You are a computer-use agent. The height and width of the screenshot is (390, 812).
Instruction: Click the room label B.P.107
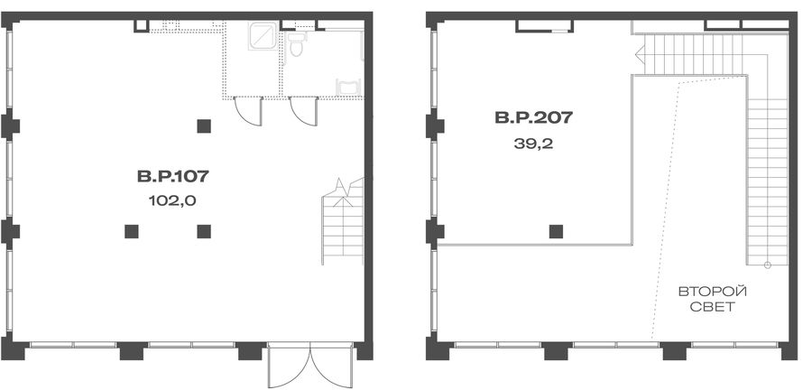coord(173,177)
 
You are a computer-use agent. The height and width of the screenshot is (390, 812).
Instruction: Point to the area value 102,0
coord(172,201)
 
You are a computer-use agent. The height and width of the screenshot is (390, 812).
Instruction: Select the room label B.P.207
coord(534,117)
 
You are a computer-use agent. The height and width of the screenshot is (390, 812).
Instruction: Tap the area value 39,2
coord(533,144)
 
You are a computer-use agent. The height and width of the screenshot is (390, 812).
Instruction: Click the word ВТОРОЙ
coord(713,292)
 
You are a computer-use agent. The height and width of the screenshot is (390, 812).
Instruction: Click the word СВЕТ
coord(713,307)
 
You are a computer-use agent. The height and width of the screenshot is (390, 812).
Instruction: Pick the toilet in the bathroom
coord(296,43)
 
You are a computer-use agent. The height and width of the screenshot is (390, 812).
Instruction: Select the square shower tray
coord(264,36)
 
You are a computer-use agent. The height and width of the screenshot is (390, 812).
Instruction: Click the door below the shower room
coord(248,111)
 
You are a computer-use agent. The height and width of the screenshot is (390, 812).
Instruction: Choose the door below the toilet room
coord(303,111)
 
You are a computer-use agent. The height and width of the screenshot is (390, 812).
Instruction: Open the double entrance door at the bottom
coord(310,365)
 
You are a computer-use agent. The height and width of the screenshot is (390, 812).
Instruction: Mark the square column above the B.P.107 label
coord(204,125)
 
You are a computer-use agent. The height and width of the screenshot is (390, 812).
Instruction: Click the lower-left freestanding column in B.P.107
coord(132,231)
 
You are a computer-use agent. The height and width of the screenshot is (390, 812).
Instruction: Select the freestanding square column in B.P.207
coord(556,231)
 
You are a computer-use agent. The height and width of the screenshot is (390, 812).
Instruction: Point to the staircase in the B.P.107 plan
coord(344,222)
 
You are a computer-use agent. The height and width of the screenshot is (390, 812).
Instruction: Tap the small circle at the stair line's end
coord(768,265)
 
